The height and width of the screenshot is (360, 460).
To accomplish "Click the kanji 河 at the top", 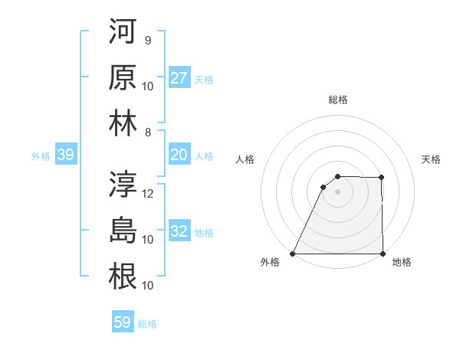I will (123, 32).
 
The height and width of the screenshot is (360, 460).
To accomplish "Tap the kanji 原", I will (123, 77).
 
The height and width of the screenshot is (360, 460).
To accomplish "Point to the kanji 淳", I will (123, 185).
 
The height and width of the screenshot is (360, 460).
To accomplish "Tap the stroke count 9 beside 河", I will (147, 41).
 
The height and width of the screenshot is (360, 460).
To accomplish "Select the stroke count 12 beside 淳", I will (149, 193).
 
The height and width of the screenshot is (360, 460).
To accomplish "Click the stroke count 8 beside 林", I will (147, 131).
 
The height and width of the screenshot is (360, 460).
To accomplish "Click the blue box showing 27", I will (179, 78).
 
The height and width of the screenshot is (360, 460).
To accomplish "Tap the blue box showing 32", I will (179, 232).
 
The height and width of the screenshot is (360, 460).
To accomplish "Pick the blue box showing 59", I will (123, 322).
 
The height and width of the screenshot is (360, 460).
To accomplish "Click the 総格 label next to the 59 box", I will (148, 324).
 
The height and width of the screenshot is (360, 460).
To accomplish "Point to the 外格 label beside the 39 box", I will (41, 156).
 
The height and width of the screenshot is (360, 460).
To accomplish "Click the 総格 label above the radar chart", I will (337, 100).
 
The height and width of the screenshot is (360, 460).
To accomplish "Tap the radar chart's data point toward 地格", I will (383, 254).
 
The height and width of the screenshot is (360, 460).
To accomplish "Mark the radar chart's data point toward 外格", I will (292, 254).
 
